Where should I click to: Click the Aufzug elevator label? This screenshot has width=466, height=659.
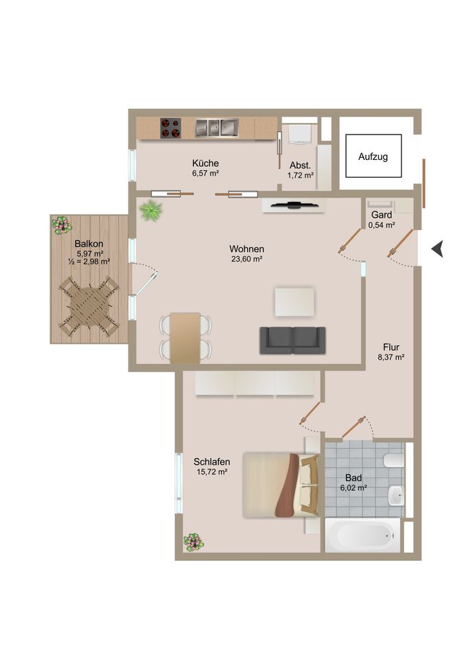(x=373, y=157)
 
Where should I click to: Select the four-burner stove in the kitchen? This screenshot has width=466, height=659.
(x=171, y=128)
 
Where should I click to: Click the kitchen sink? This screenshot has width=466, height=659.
(x=216, y=128)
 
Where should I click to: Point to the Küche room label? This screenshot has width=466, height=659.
(x=205, y=163)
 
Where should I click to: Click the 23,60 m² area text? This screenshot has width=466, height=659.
(x=246, y=259)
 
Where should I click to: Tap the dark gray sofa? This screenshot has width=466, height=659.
(x=292, y=340)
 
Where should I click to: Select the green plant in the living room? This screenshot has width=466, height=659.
(x=150, y=210)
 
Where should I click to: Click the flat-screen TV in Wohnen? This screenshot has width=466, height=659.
(x=294, y=205)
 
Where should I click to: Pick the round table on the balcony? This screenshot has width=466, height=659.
(x=89, y=305)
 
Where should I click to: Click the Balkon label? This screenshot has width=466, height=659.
(x=89, y=244)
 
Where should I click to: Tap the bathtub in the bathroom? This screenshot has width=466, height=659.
(x=363, y=535)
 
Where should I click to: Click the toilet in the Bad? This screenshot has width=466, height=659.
(x=394, y=460)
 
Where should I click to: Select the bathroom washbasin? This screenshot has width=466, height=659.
(x=396, y=496)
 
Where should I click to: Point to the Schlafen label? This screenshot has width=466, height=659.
(x=212, y=461)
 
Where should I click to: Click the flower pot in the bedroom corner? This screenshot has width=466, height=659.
(x=194, y=542)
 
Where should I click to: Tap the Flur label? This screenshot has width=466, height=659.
(x=391, y=347)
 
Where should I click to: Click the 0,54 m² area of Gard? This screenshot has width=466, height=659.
(x=382, y=225)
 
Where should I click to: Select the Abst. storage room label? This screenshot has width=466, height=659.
(x=300, y=165)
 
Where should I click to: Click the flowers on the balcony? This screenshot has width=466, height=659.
(x=62, y=225)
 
